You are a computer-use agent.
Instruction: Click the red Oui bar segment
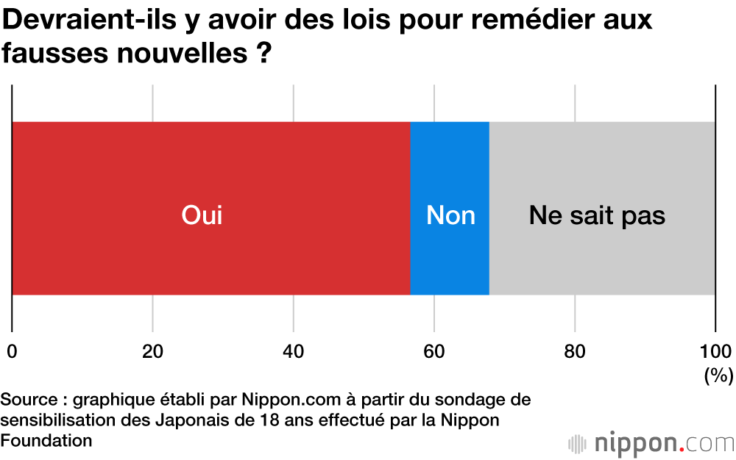tap(210, 208)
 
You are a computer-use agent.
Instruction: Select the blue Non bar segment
tap(450, 208)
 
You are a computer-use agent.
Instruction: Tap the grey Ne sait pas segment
tap(602, 208)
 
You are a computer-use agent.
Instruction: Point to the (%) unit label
tap(718, 375)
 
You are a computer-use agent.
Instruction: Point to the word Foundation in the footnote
tap(46, 440)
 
